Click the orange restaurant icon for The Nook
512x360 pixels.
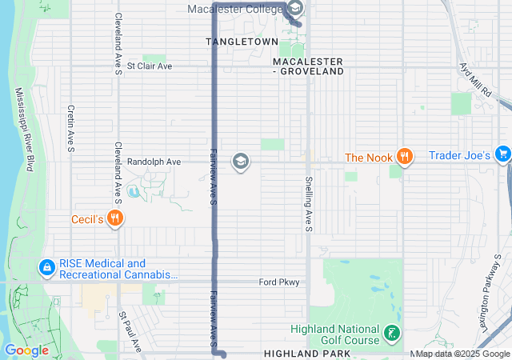[406, 157]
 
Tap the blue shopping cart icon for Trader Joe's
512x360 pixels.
[502, 154]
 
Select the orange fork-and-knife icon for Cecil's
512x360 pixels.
[115, 217]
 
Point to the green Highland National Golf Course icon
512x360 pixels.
[391, 333]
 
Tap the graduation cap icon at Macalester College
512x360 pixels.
[294, 10]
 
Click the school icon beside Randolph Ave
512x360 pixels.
[239, 162]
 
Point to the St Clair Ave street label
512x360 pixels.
[150, 66]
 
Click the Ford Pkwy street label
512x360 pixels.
[278, 282]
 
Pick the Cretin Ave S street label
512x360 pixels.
[71, 128]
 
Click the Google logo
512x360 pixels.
[26, 350]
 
